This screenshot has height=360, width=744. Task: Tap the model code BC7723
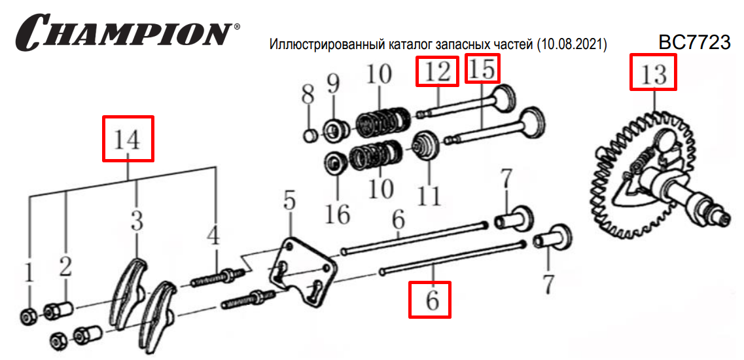pyautogui.click(x=694, y=43)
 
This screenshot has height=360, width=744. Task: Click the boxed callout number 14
pyautogui.click(x=129, y=139)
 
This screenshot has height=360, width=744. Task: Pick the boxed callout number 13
pyautogui.click(x=654, y=72)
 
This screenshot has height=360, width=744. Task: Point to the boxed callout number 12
pyautogui.click(x=437, y=72)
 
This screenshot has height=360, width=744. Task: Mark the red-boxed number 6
pyautogui.click(x=431, y=299)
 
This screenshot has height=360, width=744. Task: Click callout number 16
pyautogui.click(x=338, y=213)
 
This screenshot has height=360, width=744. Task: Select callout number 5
pyautogui.click(x=289, y=201)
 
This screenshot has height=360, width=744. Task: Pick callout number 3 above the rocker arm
pyautogui.click(x=136, y=222)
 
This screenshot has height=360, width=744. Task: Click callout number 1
pyautogui.click(x=29, y=275)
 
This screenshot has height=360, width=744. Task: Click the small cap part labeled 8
pyautogui.click(x=310, y=135)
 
